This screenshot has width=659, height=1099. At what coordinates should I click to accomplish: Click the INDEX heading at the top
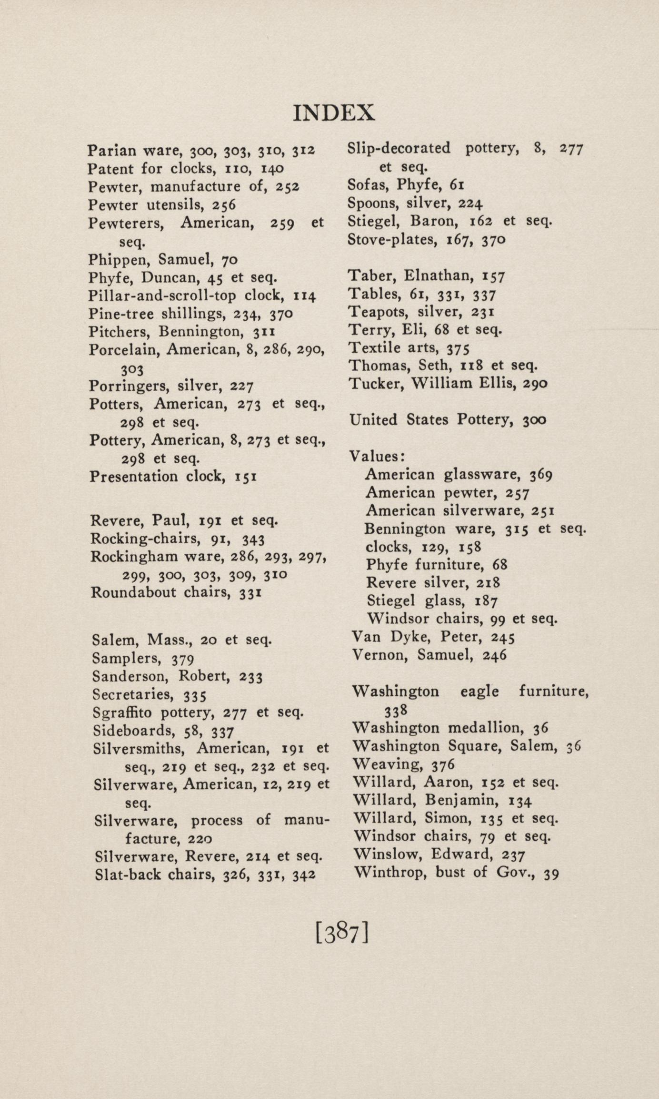pos(333,113)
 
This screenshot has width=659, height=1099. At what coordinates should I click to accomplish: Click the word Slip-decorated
pos(399,148)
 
